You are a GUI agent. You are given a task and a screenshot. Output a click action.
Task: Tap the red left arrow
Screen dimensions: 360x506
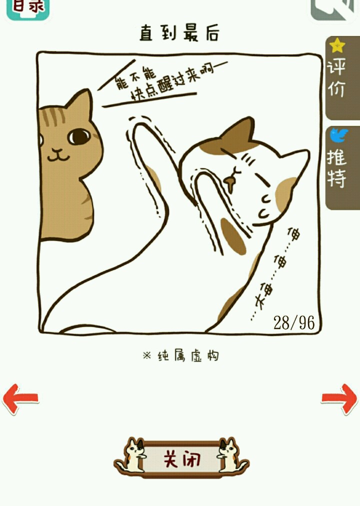point(20,399)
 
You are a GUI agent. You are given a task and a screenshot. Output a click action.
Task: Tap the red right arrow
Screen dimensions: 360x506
point(339,399)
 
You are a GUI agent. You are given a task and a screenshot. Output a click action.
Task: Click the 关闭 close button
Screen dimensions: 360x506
point(181,459)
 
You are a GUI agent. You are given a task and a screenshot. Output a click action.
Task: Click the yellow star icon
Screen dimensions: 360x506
point(337,45)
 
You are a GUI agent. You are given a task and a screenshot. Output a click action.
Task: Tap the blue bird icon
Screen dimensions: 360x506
point(338,135)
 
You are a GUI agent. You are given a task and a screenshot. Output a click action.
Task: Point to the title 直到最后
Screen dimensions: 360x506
point(179,33)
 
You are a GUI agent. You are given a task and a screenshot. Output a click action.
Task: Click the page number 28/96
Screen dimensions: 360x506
point(294,322)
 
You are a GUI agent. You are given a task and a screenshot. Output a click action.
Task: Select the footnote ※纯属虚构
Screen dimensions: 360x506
point(181,355)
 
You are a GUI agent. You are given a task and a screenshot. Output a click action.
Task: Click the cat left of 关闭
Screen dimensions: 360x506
point(131,456)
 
